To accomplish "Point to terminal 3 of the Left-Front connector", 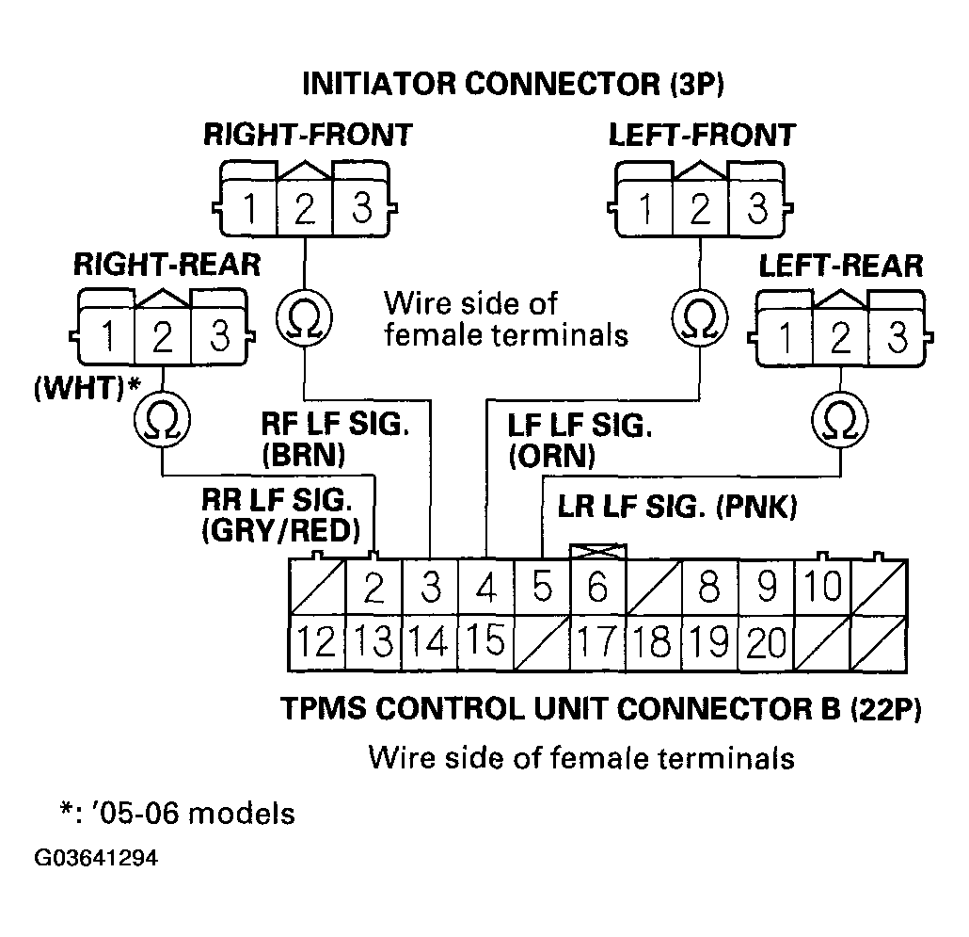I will (755, 208).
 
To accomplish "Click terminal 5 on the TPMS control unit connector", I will (542, 590).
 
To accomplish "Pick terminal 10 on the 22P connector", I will (823, 590).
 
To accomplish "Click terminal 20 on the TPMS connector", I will (767, 644).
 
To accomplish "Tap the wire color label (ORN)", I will (551, 456).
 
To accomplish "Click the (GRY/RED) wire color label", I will (280, 531).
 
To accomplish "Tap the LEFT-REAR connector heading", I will (840, 266).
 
